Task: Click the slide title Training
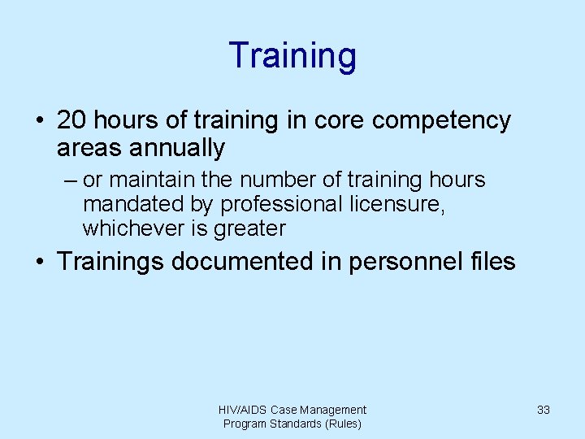(x=292, y=55)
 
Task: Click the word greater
(x=249, y=228)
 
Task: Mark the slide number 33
(x=544, y=410)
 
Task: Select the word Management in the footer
(x=332, y=410)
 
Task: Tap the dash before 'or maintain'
(x=66, y=180)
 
